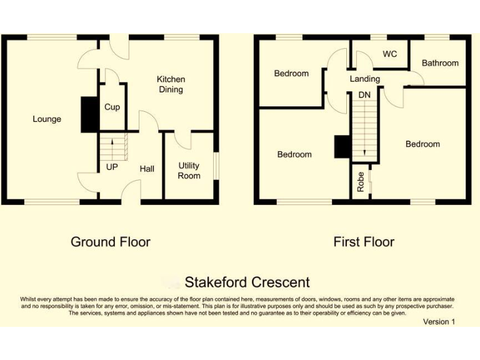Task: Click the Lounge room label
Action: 47,119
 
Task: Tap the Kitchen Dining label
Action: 171,84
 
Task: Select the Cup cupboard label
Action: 112,107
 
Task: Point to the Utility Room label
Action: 189,171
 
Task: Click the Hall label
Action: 147,168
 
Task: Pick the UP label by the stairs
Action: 112,167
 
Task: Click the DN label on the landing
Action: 364,94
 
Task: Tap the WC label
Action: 389,54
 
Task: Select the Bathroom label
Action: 440,63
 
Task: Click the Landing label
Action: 364,79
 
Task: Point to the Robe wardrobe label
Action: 361,182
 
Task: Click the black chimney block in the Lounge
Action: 90,114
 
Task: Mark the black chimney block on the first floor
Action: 342,147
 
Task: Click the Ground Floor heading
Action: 111,241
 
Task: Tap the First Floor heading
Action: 364,241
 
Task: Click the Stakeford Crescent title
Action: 247,282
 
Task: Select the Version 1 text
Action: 439,321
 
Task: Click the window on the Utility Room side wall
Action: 216,166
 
